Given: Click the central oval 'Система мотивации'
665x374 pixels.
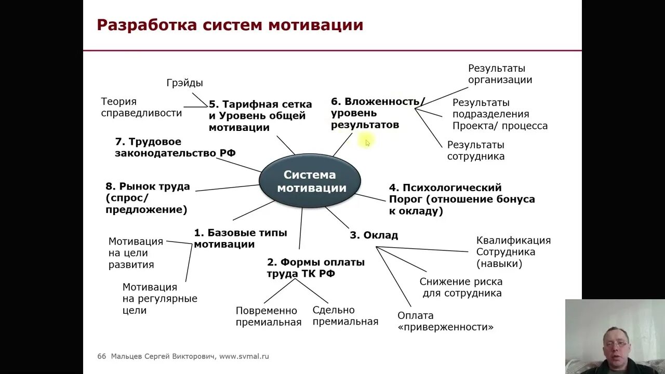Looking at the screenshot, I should (310, 181).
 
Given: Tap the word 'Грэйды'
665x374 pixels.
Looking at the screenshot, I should (184, 83).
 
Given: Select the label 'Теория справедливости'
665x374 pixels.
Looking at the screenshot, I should (141, 108).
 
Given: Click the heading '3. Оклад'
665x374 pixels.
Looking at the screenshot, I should (374, 235).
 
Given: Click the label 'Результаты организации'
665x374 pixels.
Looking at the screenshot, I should (500, 74).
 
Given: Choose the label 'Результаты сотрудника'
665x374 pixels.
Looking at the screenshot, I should (475, 151).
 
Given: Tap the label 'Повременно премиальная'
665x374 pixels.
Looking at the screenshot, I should (268, 316).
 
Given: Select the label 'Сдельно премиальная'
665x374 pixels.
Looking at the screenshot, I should (345, 316).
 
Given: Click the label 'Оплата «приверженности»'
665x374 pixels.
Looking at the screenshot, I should (445, 322).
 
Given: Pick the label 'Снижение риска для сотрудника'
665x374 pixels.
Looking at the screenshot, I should (461, 287).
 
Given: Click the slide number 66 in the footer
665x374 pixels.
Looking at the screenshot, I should (101, 356).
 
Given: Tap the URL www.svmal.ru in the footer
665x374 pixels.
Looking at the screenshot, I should (244, 356).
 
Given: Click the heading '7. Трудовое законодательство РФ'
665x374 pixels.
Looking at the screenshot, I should (175, 147).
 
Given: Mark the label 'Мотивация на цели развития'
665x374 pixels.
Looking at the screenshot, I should (136, 253).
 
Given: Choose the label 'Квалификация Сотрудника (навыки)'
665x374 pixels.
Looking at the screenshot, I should (513, 252).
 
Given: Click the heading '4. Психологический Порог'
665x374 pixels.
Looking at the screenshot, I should (461, 199).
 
